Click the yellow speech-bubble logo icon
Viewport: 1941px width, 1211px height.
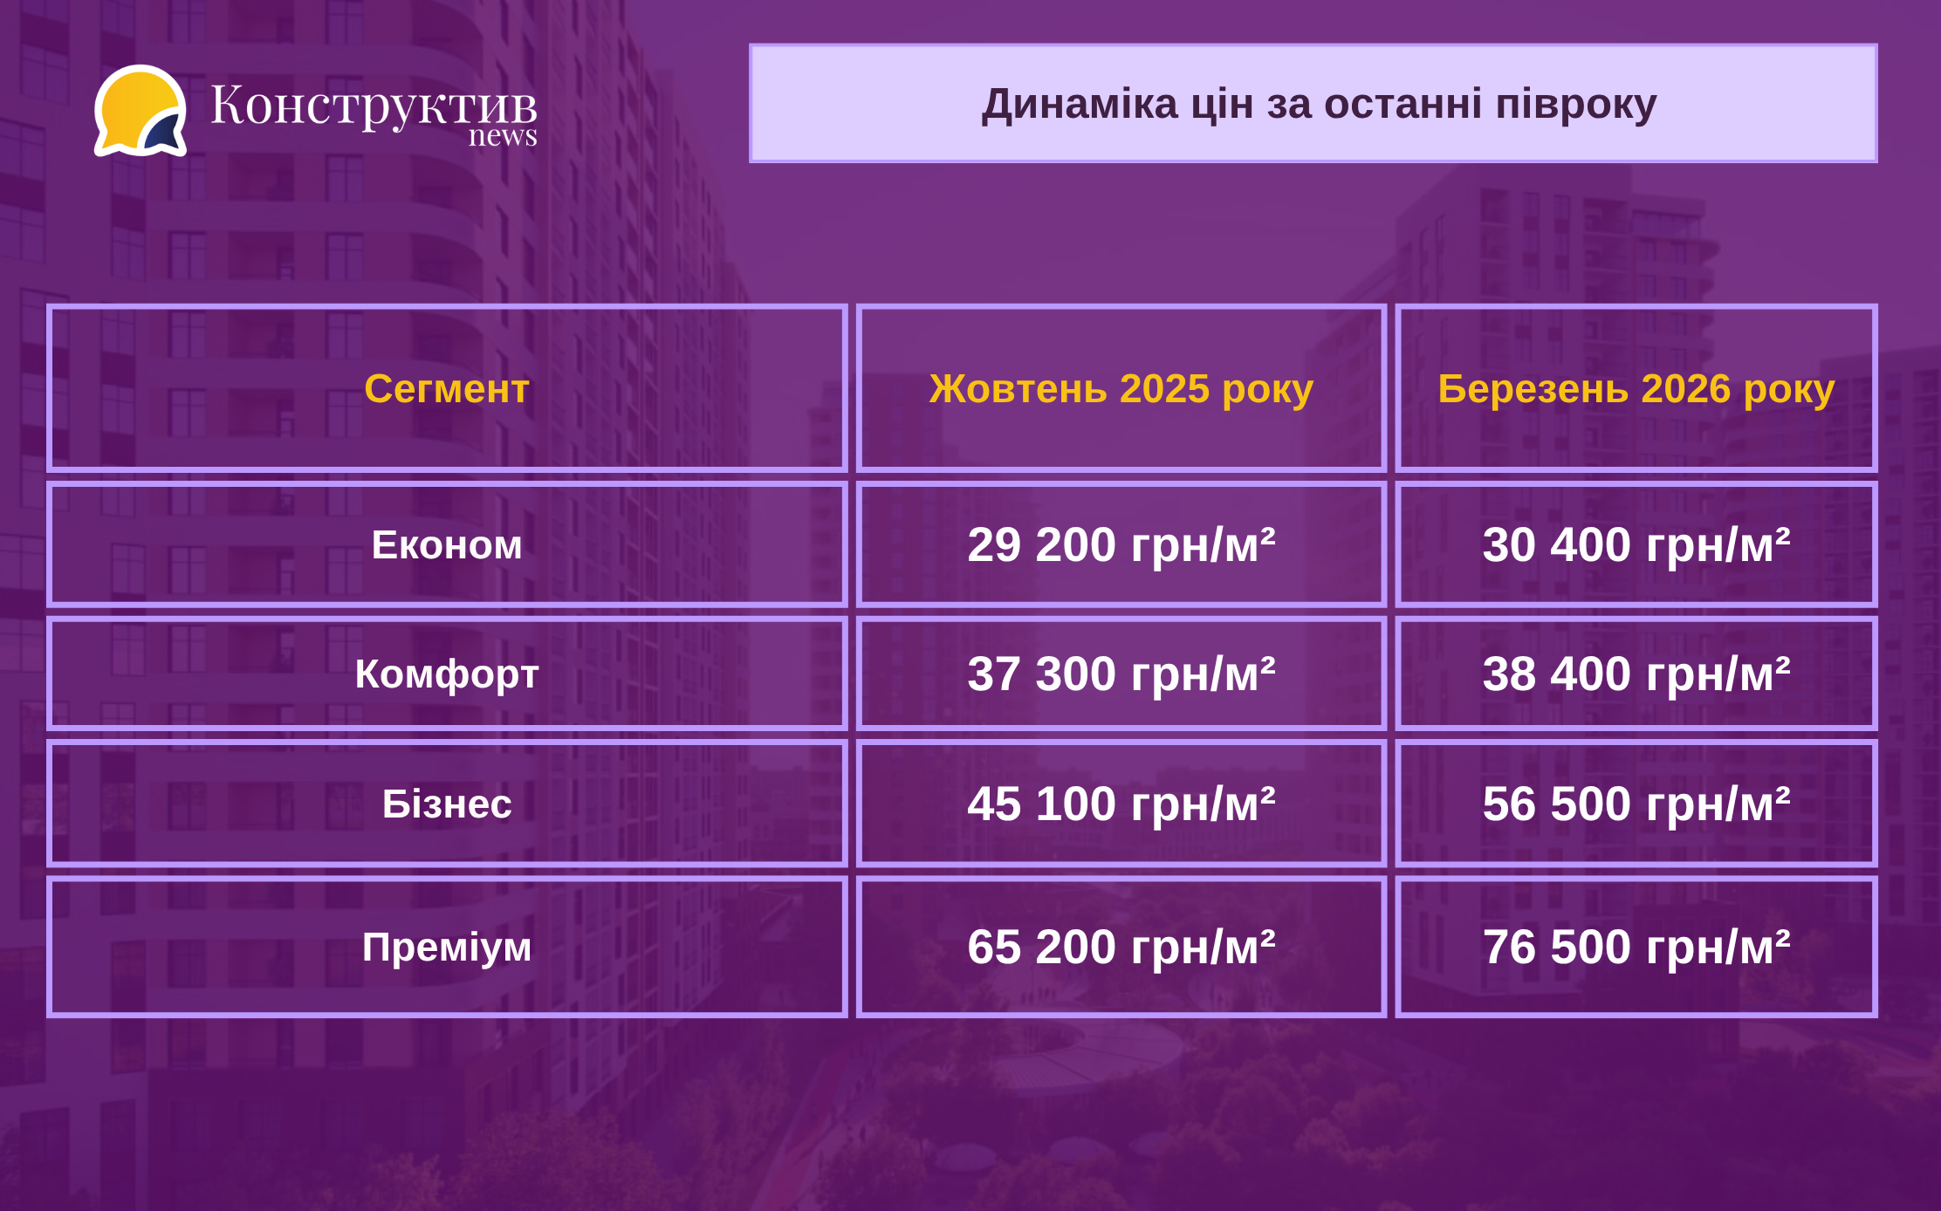[x=141, y=111]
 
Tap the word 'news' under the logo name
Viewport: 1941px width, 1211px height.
[x=503, y=136]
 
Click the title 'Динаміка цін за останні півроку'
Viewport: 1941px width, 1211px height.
[x=1319, y=104]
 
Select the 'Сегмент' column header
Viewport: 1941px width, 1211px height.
[x=447, y=388]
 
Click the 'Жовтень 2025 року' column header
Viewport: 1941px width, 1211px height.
[x=1121, y=389]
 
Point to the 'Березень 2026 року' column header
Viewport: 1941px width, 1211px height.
[x=1636, y=389]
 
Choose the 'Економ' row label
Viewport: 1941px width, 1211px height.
[x=447, y=545]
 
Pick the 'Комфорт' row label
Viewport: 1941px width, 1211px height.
[x=447, y=674]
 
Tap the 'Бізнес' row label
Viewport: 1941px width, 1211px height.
[x=447, y=804]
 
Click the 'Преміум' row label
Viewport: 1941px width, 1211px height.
[x=447, y=948]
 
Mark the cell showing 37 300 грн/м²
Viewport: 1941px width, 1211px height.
[x=1121, y=674]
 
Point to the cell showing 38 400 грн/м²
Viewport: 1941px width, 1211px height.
[x=1636, y=674]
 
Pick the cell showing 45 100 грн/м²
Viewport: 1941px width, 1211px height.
[x=1121, y=804]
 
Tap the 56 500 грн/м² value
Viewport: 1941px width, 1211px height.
[x=1636, y=804]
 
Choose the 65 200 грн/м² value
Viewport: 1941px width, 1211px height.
[x=1121, y=948]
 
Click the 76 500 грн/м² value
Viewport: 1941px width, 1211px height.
[x=1636, y=948]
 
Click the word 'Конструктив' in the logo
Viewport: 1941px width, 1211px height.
[x=374, y=106]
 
